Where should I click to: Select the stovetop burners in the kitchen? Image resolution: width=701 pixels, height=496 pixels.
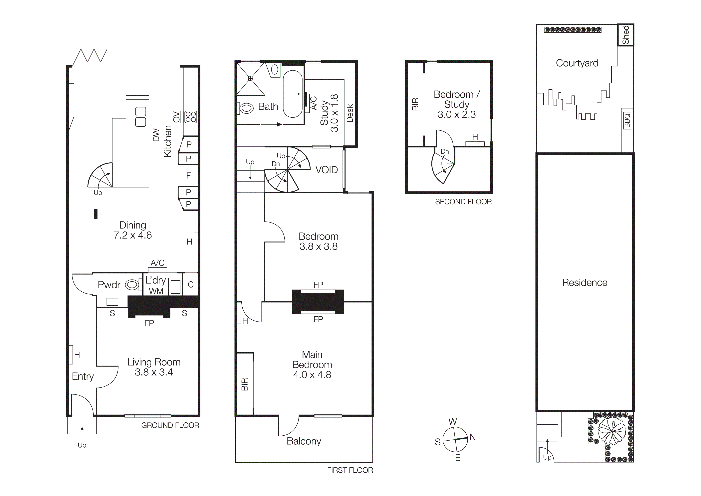coord(190,117)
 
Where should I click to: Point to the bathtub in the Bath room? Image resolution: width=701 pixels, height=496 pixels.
coord(293,94)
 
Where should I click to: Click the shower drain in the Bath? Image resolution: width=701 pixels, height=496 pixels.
coord(250,79)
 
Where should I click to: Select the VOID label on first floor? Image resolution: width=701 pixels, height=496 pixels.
coord(326,170)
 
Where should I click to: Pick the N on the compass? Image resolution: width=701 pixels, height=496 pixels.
coord(473,437)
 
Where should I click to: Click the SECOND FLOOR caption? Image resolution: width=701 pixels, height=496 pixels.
coord(463,202)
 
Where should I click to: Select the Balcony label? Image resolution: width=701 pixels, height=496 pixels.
coord(304,441)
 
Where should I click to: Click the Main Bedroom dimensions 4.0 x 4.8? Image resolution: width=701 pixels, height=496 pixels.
coord(312,375)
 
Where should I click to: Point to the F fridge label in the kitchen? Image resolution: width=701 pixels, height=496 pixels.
coord(188,175)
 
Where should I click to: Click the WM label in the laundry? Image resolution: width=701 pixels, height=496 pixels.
coord(156,291)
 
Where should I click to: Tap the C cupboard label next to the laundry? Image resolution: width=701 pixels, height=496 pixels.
coord(190,285)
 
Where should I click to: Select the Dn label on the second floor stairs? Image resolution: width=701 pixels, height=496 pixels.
coord(445,152)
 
